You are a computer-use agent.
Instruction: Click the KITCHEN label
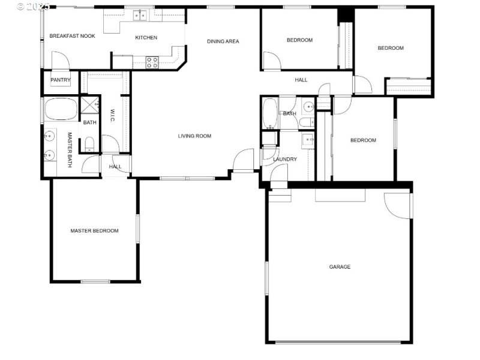146,38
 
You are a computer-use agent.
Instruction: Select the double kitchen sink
142,14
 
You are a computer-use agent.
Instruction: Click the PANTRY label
61,80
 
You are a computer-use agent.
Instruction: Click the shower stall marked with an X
89,106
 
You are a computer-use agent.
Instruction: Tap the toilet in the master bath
89,143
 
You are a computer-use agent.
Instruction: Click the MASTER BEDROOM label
94,231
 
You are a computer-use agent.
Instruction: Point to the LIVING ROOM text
194,136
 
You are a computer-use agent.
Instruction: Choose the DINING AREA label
223,41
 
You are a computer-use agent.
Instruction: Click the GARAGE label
340,267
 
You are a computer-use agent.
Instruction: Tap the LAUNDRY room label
285,160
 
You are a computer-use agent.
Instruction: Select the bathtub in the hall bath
269,113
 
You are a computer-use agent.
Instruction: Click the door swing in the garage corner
397,205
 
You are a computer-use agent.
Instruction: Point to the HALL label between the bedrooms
301,80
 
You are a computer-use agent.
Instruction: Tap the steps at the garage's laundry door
278,196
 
